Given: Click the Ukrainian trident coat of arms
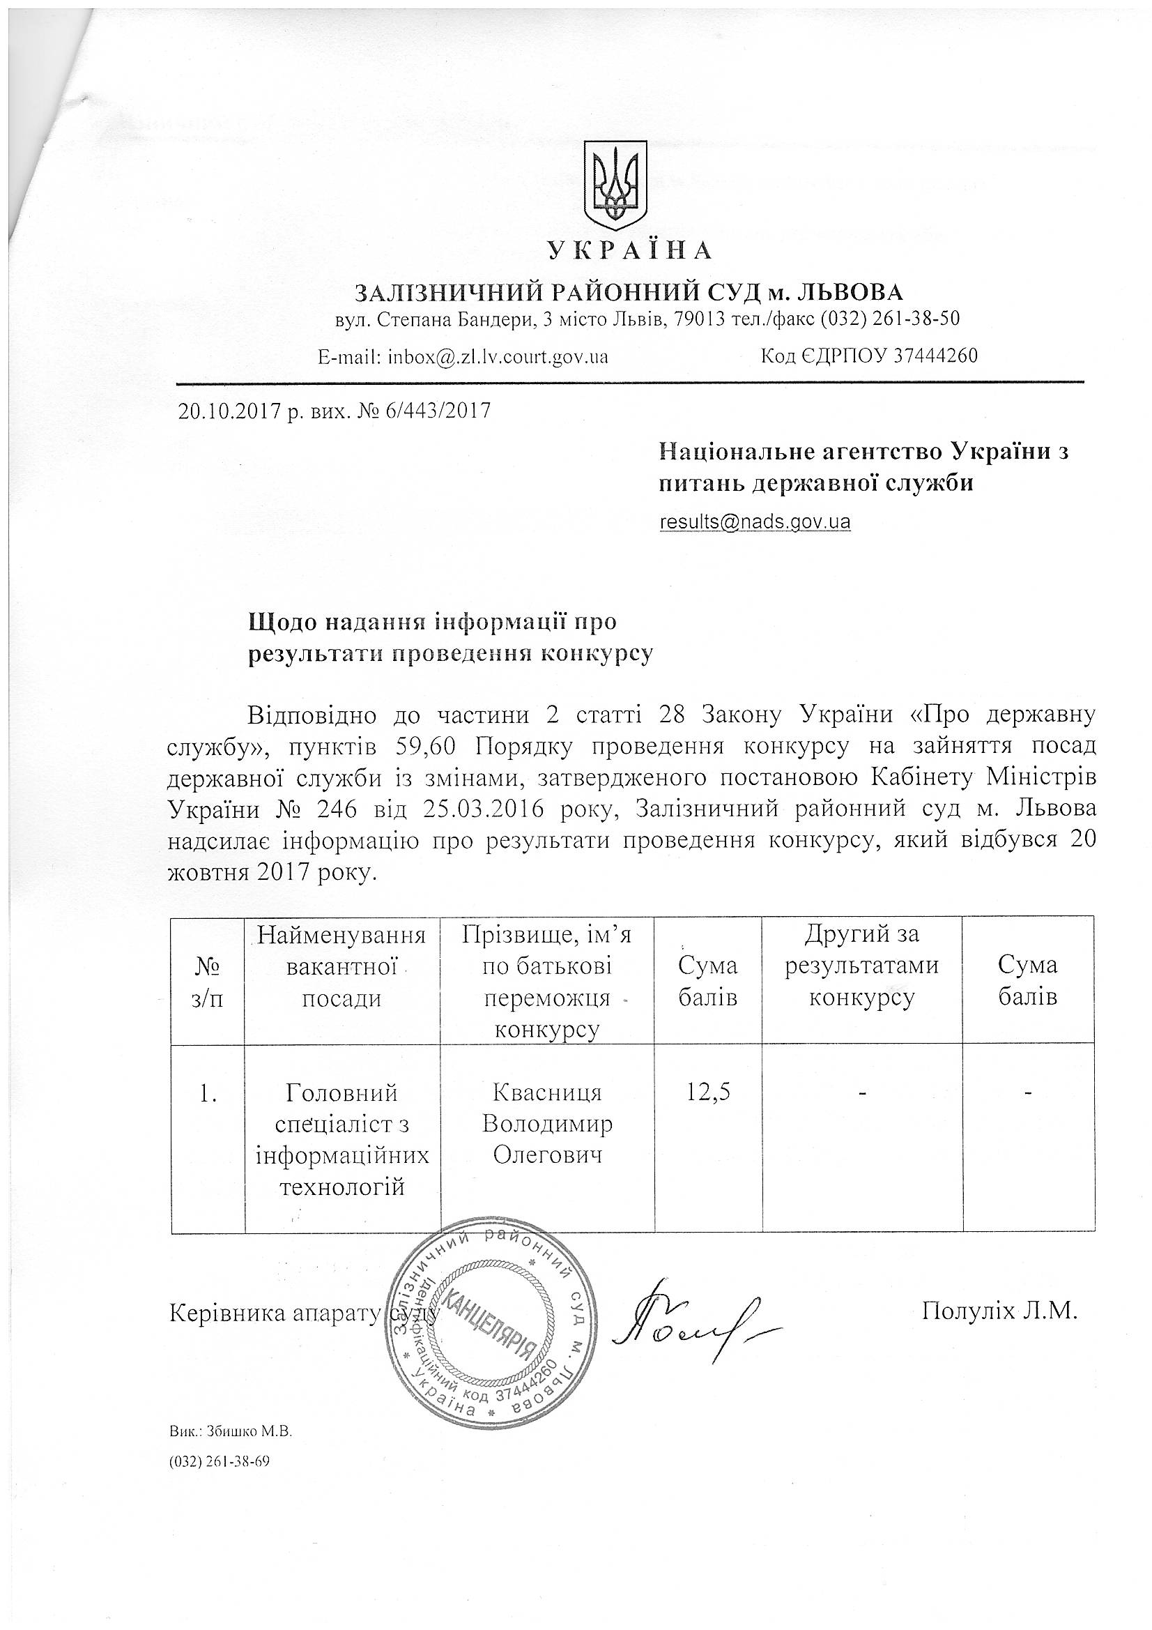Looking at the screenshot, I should click(x=615, y=183).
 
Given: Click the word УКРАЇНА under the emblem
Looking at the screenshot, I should click(x=629, y=250).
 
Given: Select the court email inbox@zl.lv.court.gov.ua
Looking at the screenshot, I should click(x=498, y=356).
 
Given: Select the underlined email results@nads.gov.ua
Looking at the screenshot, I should click(x=755, y=521).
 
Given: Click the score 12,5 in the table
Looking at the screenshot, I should click(x=707, y=1092).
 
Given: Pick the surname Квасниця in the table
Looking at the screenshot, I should click(x=546, y=1092).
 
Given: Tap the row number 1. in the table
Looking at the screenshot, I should click(x=207, y=1094).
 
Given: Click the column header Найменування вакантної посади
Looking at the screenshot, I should click(x=341, y=966).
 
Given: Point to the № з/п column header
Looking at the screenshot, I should click(x=206, y=982).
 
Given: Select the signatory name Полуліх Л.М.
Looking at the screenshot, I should click(x=999, y=1311).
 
